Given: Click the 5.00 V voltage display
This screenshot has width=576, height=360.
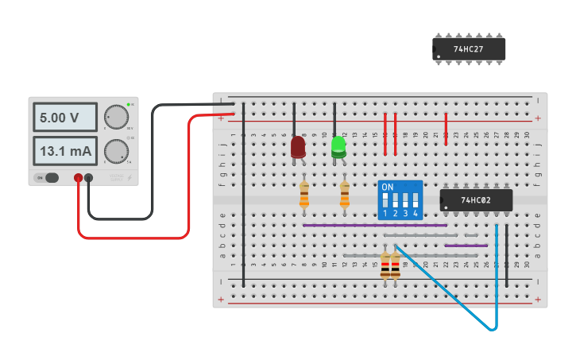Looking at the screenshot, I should pos(64,118).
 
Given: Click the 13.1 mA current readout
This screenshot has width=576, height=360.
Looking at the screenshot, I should pos(64,151).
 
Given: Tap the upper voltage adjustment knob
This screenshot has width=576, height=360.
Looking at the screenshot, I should pos(117,117).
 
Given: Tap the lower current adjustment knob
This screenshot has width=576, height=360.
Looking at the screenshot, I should pos(117,151).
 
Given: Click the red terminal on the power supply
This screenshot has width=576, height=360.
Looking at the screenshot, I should pos(78,178).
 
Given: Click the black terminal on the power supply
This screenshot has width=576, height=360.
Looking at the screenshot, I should pos(88,178).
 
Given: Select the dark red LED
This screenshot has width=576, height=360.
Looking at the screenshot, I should pos(298,147).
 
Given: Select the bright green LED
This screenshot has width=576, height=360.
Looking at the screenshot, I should pos(338,146).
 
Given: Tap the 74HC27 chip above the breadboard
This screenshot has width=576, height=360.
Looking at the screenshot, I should pos(470,49).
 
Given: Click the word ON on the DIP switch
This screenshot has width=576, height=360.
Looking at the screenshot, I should pos(388,188).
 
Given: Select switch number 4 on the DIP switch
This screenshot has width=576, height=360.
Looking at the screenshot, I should pos(415,199).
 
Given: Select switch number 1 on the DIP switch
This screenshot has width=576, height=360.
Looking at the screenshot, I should pos(385,199).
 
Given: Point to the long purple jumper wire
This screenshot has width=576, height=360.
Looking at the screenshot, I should pos(373,225).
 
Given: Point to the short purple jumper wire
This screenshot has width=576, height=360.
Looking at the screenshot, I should pos(466,246).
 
